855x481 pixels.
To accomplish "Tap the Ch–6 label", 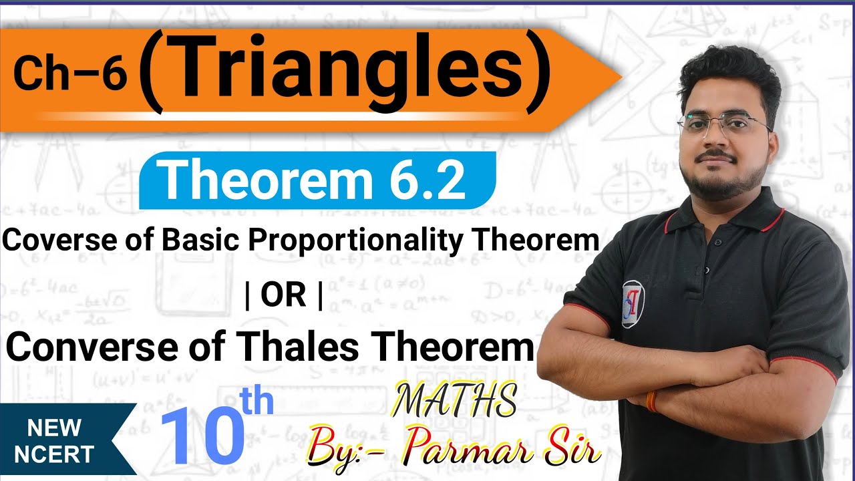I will [69, 73].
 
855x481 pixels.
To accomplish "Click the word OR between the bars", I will [284, 296].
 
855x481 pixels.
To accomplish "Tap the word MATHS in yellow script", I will [454, 401].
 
